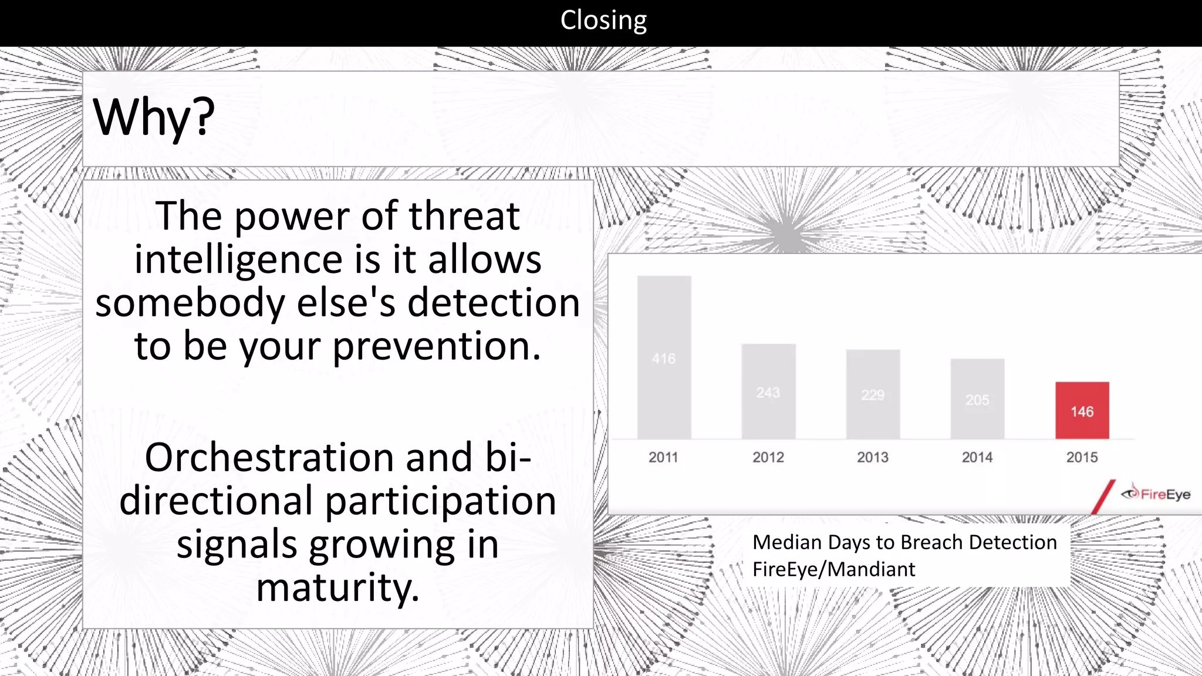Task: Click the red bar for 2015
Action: pos(1082,410)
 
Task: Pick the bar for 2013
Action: pos(873,394)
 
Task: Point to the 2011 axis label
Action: pos(663,457)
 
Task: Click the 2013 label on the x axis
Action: pos(873,457)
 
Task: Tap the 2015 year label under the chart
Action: pos(1082,457)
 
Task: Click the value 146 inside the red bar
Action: pos(1082,412)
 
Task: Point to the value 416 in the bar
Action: pos(664,359)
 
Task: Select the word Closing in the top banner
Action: pos(603,20)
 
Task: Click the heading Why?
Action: pos(154,117)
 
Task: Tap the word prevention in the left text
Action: pos(436,346)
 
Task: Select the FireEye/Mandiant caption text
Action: pos(833,569)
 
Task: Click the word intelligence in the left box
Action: pos(238,260)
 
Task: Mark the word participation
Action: pos(440,501)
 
